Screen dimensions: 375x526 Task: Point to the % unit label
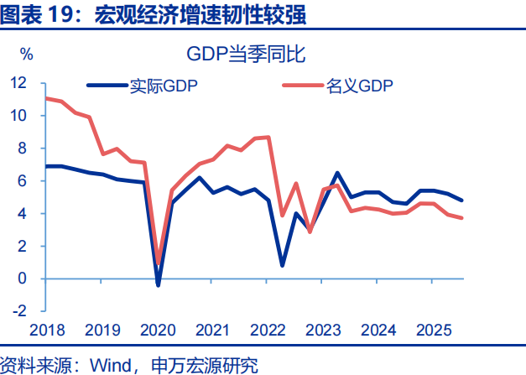pyautogui.click(x=27, y=55)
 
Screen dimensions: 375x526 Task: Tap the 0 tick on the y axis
pyautogui.click(x=23, y=279)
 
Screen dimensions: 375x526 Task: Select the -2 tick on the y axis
pyautogui.click(x=18, y=311)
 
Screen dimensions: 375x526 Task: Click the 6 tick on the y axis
pyautogui.click(x=23, y=181)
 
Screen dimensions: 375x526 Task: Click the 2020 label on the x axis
pyautogui.click(x=157, y=330)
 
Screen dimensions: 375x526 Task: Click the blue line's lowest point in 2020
pyautogui.click(x=158, y=285)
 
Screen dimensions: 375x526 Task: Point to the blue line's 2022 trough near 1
pyautogui.click(x=282, y=265)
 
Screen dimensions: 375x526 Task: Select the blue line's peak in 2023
pyautogui.click(x=337, y=173)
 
